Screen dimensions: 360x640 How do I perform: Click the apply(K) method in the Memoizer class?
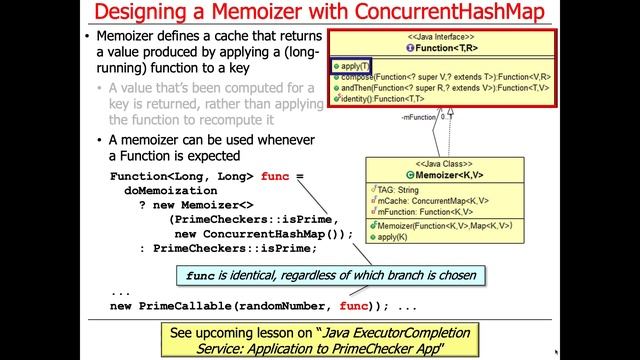[x=391, y=236]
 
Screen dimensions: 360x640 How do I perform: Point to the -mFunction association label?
[x=420, y=117]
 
